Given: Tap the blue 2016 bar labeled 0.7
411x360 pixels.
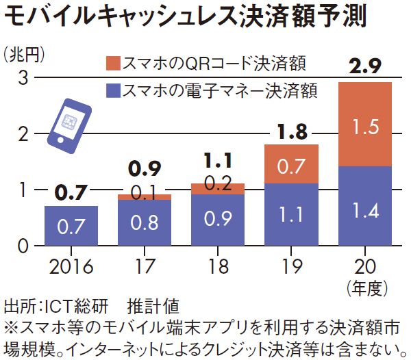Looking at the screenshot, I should pos(71,225).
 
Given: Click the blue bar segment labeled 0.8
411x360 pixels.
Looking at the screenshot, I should pos(144,222).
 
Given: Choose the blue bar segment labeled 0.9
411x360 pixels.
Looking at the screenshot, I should pos(219,220).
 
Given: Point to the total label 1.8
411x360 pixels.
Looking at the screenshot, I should pos(291,131).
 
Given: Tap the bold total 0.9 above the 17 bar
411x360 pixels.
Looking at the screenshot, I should pos(144,168).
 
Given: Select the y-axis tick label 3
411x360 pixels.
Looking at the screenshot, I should pos(21,77).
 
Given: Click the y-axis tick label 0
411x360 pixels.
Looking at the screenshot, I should pos(21,245).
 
